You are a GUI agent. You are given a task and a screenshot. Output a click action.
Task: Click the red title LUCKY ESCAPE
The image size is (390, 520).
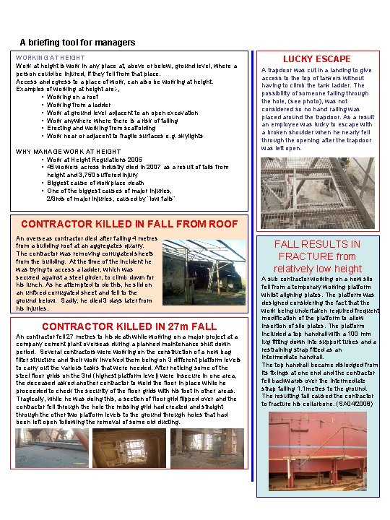tap(316, 58)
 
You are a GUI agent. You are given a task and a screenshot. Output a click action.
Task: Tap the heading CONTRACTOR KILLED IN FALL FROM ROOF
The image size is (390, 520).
tap(129, 223)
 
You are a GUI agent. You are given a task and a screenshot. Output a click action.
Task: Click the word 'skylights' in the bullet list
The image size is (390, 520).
tap(188, 136)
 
